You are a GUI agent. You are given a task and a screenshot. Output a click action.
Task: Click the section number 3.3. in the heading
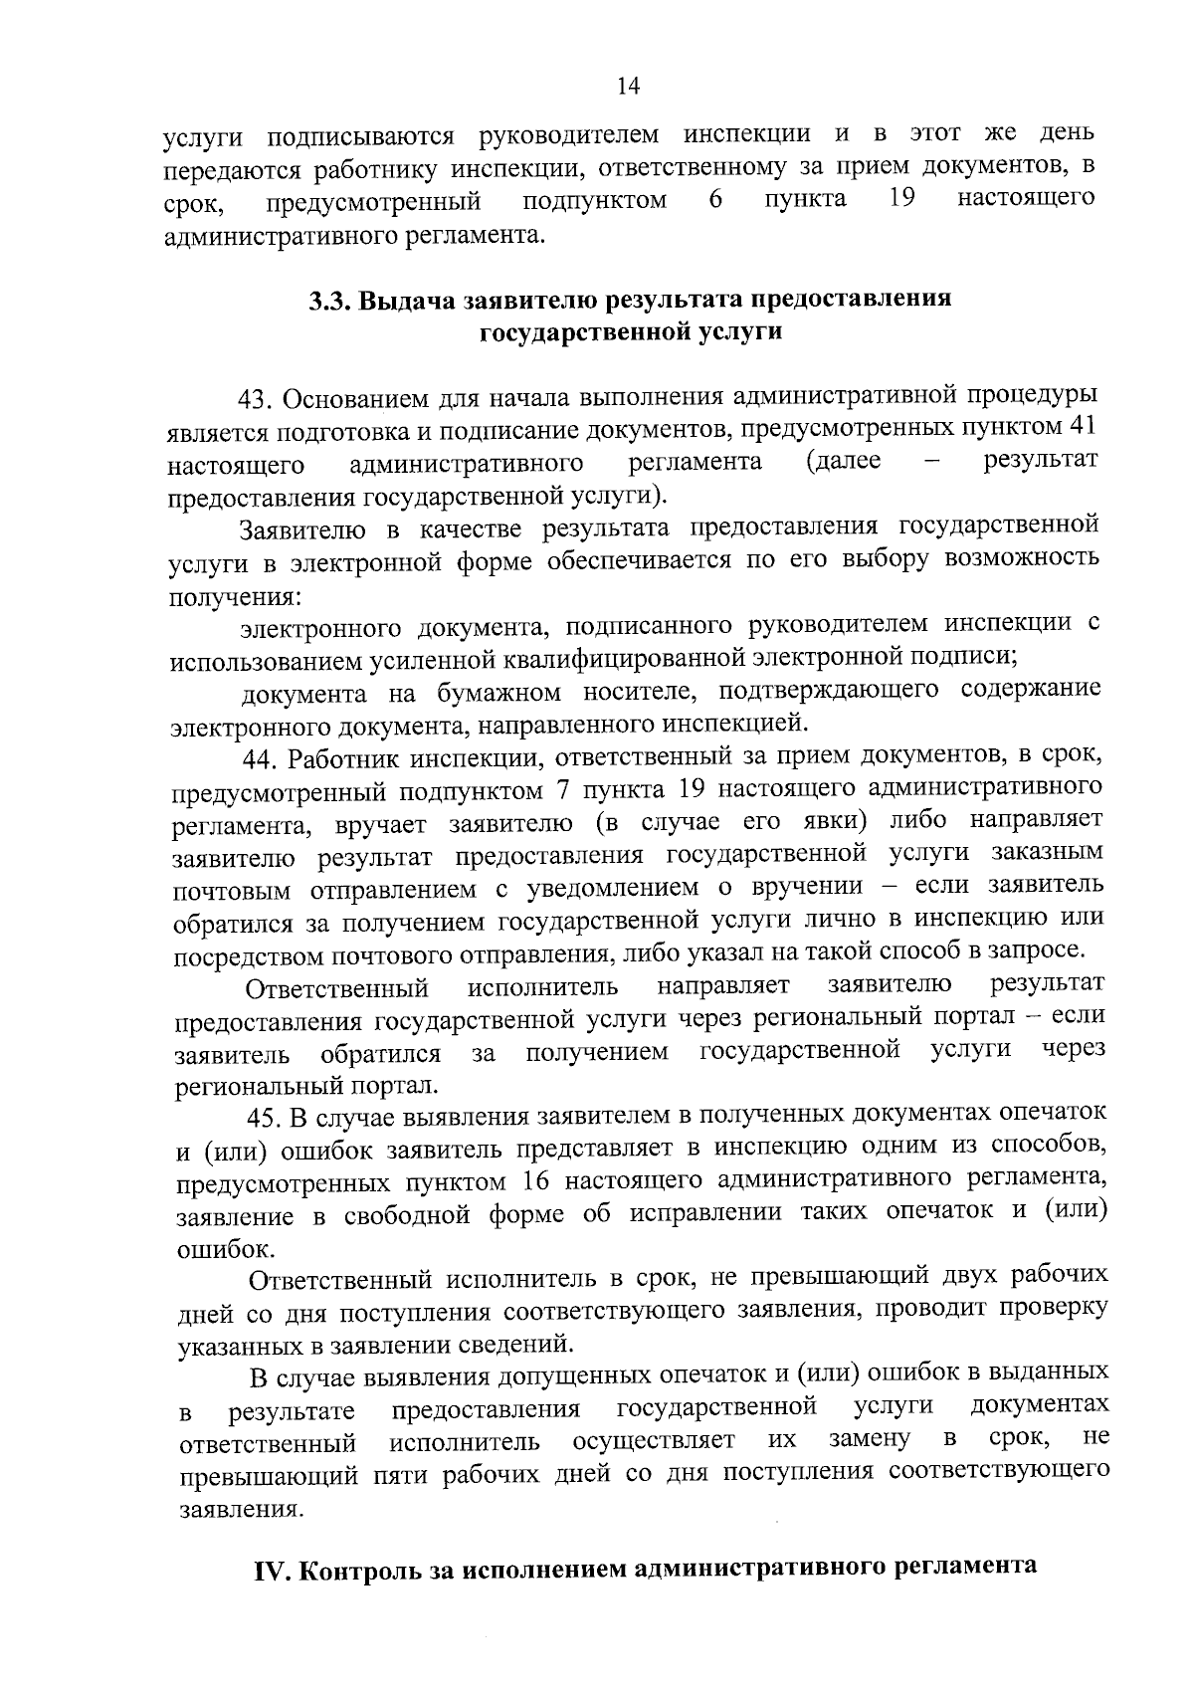tap(329, 300)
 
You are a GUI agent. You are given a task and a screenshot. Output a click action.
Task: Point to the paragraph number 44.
tap(263, 759)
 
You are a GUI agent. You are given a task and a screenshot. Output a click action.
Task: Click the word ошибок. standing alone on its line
tap(211, 1248)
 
